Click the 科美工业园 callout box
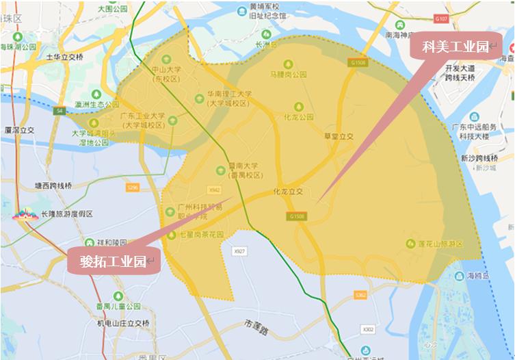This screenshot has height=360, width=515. tap(455, 47)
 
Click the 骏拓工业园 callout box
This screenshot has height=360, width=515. tap(113, 261)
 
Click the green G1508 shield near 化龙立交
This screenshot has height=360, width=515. tap(297, 216)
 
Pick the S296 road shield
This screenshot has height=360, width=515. tap(133, 187)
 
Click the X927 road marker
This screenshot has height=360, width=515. tap(239, 252)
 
